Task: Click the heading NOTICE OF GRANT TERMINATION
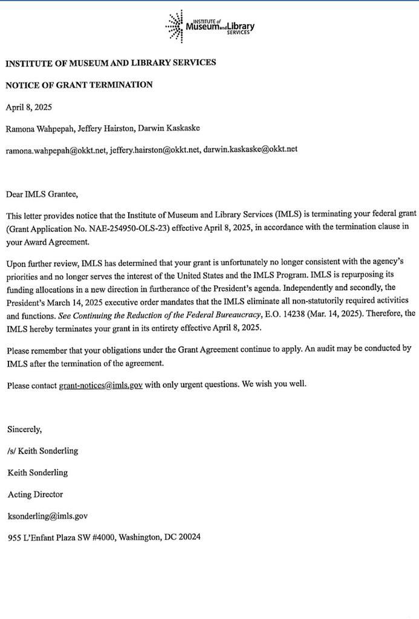click(79, 85)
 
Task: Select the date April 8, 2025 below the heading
click(29, 108)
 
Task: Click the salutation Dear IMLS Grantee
click(42, 195)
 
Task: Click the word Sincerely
click(25, 430)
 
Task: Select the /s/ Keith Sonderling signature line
click(43, 451)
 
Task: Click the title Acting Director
click(35, 494)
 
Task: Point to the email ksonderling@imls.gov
click(48, 516)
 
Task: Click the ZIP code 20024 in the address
click(189, 537)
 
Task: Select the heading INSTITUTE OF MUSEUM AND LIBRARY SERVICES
click(111, 63)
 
